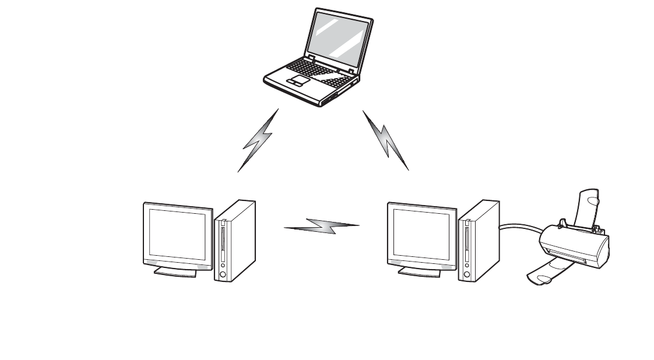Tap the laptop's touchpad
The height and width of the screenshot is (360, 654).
[300, 80]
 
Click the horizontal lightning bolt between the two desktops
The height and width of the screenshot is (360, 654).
[322, 226]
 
